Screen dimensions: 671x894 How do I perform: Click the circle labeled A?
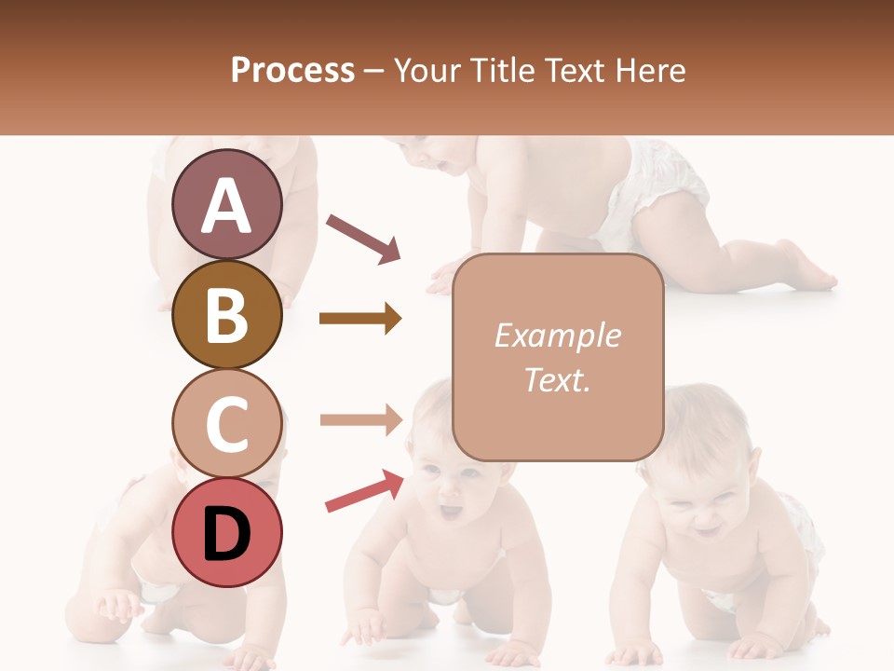227,205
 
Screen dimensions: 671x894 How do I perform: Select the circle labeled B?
227,314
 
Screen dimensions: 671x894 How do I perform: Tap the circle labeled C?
227,423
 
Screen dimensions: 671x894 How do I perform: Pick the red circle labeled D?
227,532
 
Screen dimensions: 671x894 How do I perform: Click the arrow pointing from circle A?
363,238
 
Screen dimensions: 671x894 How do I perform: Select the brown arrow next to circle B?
360,319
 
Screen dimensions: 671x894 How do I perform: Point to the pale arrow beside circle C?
360,419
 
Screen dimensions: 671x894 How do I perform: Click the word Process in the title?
292,70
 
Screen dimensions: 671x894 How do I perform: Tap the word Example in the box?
557,335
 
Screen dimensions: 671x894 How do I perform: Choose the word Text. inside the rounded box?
557,379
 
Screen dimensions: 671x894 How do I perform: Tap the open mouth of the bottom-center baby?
451,512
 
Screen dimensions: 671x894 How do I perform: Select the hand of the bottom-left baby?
116,606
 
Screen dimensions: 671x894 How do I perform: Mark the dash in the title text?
374,71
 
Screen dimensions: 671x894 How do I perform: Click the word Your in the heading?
427,70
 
